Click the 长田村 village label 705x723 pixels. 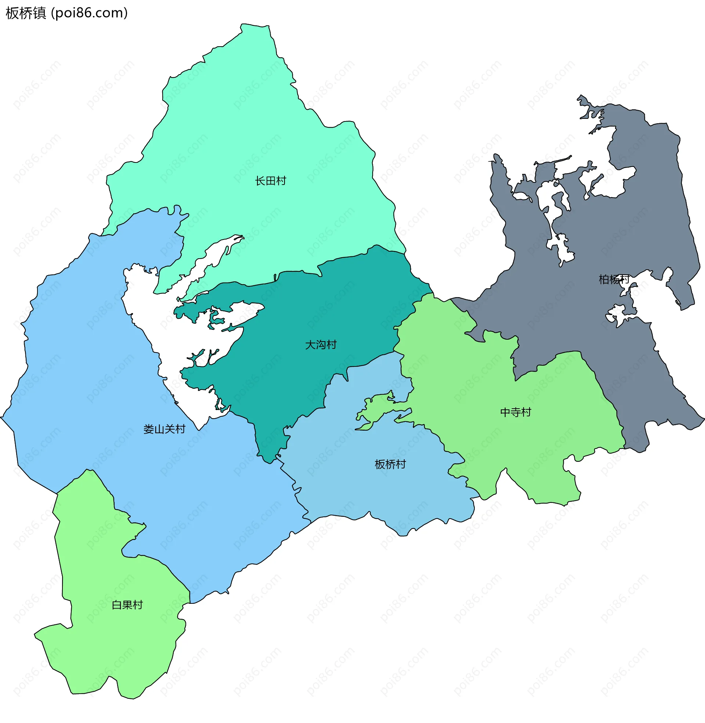click(x=270, y=181)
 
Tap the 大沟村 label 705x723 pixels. click(x=321, y=345)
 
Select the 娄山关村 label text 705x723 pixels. click(x=164, y=429)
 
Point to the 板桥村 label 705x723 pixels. click(x=390, y=464)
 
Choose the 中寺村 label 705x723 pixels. click(x=516, y=412)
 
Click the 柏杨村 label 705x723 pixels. click(x=614, y=279)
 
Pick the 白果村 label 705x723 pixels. click(x=127, y=605)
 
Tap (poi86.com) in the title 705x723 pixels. click(x=89, y=13)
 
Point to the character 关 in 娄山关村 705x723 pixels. click(x=170, y=429)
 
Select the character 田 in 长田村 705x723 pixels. click(x=270, y=181)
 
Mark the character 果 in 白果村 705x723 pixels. click(x=127, y=605)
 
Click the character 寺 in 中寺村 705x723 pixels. click(x=516, y=412)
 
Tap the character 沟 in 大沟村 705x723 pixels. click(x=321, y=345)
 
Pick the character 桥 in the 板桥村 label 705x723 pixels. click(x=390, y=464)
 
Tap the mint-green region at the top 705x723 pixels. click(x=259, y=129)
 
